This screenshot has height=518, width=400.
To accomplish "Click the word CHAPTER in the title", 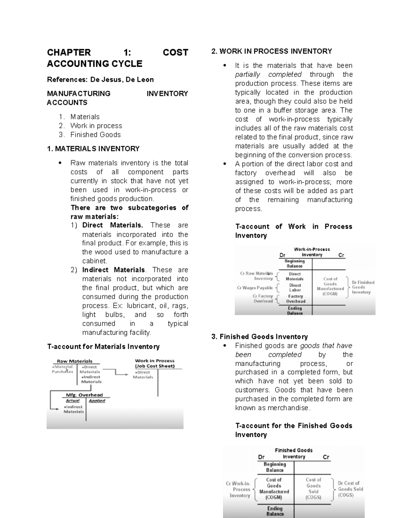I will [x=69, y=52].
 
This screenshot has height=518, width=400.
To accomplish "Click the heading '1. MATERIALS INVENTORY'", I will [x=93, y=149].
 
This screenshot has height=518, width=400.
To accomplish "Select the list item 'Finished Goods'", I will [x=95, y=135].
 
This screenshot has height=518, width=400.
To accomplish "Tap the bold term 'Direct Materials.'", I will [x=112, y=225].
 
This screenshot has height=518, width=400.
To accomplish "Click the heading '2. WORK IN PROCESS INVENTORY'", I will [x=271, y=51].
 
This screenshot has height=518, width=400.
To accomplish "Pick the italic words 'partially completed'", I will [x=268, y=75].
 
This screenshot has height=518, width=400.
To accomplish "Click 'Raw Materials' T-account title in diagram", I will [x=74, y=361].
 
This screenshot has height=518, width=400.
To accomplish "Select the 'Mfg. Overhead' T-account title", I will [x=84, y=395].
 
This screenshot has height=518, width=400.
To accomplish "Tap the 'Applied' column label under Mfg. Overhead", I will [x=97, y=401].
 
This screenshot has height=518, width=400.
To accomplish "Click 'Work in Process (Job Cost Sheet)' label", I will [x=155, y=363].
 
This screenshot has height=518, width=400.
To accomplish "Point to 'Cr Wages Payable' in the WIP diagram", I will [x=255, y=288].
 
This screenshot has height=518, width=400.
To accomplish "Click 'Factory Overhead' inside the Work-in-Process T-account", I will [x=295, y=299].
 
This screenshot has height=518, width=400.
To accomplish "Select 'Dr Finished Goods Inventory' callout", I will [x=363, y=287].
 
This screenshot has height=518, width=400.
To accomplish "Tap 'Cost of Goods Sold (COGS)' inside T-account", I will [x=313, y=488].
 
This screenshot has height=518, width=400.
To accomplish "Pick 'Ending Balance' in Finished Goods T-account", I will [x=275, y=511].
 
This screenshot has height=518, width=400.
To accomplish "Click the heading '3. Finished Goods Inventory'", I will [x=259, y=337].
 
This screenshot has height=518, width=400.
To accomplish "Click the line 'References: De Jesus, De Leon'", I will [x=100, y=80].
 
